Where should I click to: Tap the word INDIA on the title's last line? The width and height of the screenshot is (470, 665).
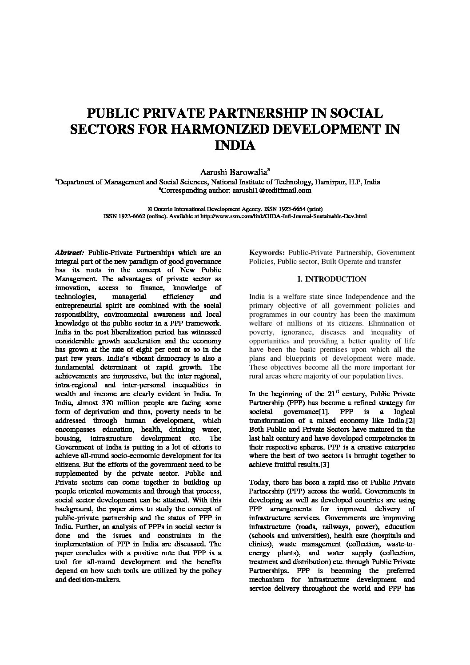tap(235, 145)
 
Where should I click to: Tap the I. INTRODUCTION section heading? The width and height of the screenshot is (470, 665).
tap(332, 279)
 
